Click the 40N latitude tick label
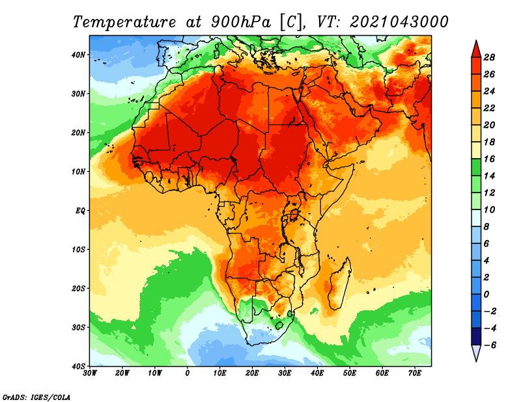[x=78, y=55]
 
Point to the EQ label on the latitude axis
[x=80, y=211]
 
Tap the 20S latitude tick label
[x=78, y=288]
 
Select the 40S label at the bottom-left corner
[x=78, y=366]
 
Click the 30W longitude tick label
[x=90, y=373]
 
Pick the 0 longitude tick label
[x=187, y=373]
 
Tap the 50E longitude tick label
[x=350, y=373]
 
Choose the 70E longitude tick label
[x=415, y=373]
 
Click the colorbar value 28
[x=489, y=57]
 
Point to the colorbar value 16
[x=489, y=159]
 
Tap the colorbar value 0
[x=486, y=295]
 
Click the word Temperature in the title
[x=124, y=23]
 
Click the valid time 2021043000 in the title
[x=399, y=22]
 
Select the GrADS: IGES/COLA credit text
[x=36, y=397]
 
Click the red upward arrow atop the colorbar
[x=476, y=49]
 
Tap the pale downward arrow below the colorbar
[x=476, y=353]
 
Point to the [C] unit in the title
[x=291, y=23]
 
